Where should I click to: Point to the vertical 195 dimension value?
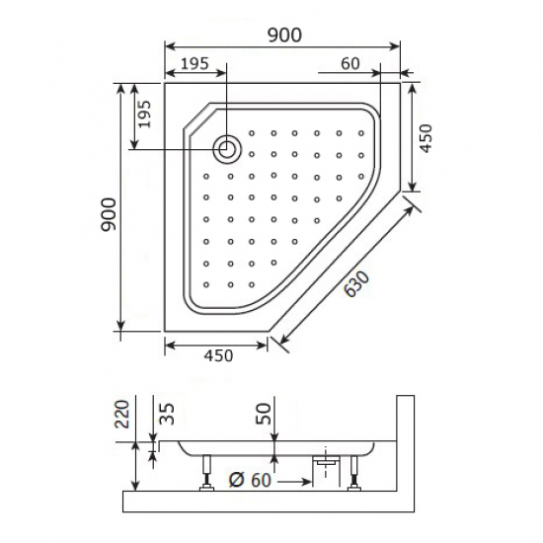[x=144, y=116]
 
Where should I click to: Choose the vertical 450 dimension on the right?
[x=426, y=139]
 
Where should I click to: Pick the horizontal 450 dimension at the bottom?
[x=214, y=356]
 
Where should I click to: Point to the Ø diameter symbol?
[x=235, y=481]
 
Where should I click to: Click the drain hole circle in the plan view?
[x=227, y=149]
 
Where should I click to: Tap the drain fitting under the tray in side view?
[x=325, y=461]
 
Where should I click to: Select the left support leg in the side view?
[x=206, y=472]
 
